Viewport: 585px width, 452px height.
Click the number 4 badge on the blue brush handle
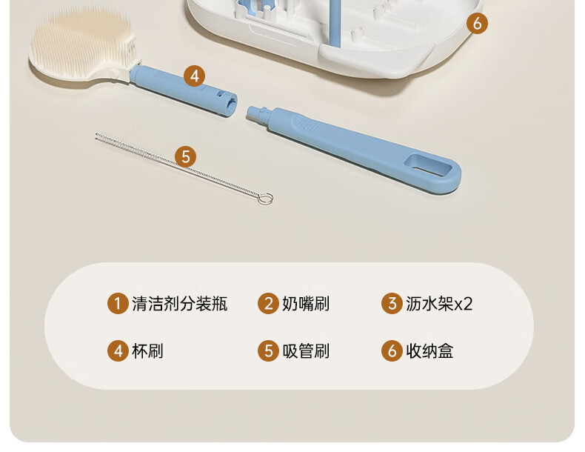pos(194,76)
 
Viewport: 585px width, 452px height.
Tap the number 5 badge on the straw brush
pos(185,156)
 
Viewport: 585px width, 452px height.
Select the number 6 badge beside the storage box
pos(477,23)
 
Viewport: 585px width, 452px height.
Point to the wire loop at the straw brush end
pos(265,198)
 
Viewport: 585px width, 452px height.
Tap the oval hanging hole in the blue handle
pos(428,166)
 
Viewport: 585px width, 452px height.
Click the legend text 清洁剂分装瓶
pos(179,304)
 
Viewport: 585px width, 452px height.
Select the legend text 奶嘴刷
pos(306,304)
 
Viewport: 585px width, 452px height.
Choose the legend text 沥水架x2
pos(439,304)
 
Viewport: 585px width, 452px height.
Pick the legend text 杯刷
pos(148,350)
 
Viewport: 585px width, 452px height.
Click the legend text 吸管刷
pos(306,350)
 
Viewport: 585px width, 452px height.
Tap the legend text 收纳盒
pos(429,350)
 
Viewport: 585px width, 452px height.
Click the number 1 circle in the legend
pos(118,304)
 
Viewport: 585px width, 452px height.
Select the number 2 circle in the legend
pos(268,304)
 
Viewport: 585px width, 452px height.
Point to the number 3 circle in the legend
pos(392,304)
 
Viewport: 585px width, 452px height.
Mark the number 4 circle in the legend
pos(118,350)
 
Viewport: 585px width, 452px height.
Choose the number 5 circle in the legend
pos(268,350)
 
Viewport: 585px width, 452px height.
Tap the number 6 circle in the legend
pos(392,350)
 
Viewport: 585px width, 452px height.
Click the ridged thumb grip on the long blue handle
pos(307,124)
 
